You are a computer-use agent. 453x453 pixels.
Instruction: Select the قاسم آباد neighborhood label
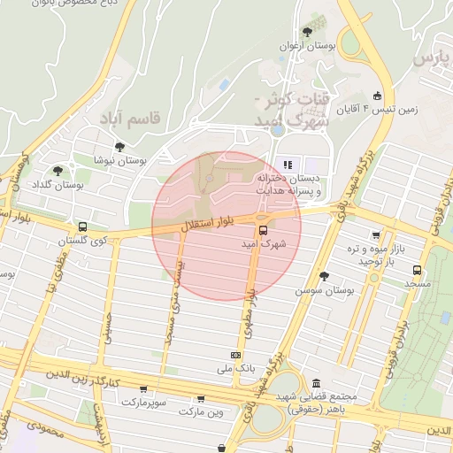[130, 118]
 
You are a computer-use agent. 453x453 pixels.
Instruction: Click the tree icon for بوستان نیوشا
[119, 148]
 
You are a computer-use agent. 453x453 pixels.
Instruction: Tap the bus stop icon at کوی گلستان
[82, 226]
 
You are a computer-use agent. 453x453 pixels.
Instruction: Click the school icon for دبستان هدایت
[287, 165]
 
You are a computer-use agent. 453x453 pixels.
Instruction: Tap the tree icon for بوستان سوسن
[324, 276]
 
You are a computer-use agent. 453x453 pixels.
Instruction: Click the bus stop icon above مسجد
[417, 271]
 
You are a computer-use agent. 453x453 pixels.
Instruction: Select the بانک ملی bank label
[237, 365]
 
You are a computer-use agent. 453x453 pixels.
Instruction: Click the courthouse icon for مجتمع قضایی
[317, 382]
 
